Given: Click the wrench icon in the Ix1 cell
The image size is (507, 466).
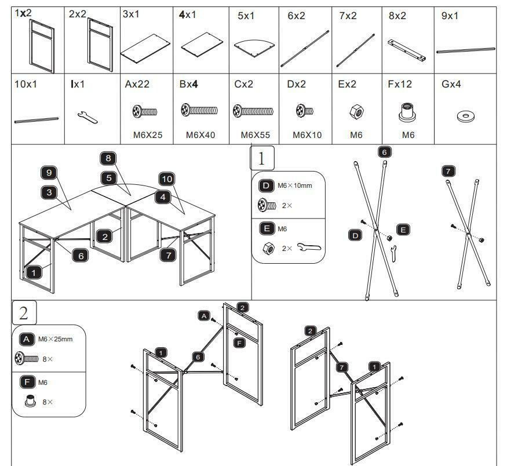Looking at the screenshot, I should pyautogui.click(x=87, y=117).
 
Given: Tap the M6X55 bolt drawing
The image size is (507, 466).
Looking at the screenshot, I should pyautogui.click(x=252, y=110).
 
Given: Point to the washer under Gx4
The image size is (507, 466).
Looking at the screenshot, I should pyautogui.click(x=464, y=116).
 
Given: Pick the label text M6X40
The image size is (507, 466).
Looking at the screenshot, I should pyautogui.click(x=200, y=135).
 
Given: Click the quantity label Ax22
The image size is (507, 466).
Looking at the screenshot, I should pyautogui.click(x=137, y=85).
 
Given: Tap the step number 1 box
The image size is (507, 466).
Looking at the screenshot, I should pyautogui.click(x=262, y=158).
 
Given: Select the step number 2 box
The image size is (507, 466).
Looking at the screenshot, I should pyautogui.click(x=24, y=313).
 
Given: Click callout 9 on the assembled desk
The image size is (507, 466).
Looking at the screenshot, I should pyautogui.click(x=49, y=172).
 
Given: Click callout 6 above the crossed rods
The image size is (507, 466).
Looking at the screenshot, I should pyautogui.click(x=384, y=152).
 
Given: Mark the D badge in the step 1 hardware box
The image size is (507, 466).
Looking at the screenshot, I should pyautogui.click(x=266, y=185).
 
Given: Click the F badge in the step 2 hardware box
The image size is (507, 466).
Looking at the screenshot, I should pyautogui.click(x=27, y=382).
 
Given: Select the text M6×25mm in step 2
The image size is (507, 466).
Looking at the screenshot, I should pyautogui.click(x=55, y=339).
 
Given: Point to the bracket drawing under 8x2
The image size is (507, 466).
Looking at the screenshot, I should pyautogui.click(x=407, y=50).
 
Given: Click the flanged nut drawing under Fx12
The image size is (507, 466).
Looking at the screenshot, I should pyautogui.click(x=408, y=112).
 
